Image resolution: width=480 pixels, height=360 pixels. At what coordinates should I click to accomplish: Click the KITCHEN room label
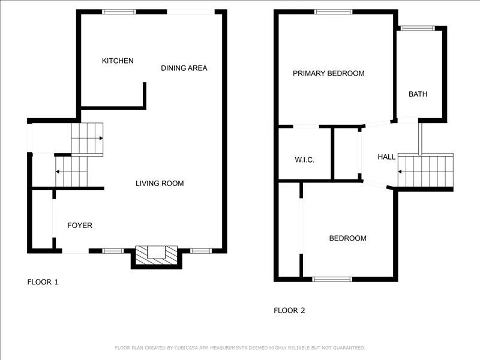[x=118, y=61]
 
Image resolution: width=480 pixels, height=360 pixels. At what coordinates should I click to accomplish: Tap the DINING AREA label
[x=184, y=68]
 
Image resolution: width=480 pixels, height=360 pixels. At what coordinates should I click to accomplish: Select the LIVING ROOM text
[x=160, y=184]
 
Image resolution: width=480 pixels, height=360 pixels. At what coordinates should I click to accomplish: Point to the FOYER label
[x=80, y=226]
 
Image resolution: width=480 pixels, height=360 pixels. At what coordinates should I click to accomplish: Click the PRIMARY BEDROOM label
[x=328, y=73]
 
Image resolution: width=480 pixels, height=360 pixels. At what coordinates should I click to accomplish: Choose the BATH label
[x=418, y=94]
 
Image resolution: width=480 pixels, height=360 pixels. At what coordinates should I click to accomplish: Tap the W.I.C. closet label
[x=304, y=160]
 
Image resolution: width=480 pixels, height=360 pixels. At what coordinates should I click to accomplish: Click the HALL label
[x=386, y=157]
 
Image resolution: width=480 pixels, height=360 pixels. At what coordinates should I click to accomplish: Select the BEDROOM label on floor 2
[x=347, y=238]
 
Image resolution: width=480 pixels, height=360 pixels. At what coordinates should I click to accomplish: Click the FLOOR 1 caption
[x=43, y=282]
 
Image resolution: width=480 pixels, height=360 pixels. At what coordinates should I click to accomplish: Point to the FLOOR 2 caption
[x=289, y=310]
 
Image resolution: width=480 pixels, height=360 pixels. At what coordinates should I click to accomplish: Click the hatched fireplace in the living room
[x=157, y=255]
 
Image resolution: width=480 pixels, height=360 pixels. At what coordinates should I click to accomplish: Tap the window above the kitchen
[x=119, y=12]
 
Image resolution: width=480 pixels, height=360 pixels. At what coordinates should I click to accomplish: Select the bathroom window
[x=418, y=28]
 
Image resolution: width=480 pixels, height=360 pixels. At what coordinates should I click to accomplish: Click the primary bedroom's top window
[x=333, y=12]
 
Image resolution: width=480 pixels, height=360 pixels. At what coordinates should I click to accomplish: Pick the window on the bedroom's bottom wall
[x=332, y=279]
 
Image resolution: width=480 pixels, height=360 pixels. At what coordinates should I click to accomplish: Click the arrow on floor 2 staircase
[x=400, y=172]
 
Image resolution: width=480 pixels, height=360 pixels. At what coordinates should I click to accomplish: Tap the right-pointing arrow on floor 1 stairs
[x=101, y=138]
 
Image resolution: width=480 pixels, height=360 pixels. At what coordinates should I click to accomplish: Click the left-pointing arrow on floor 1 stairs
[x=57, y=172]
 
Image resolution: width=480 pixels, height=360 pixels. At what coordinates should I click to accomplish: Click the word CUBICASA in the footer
[x=187, y=348]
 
